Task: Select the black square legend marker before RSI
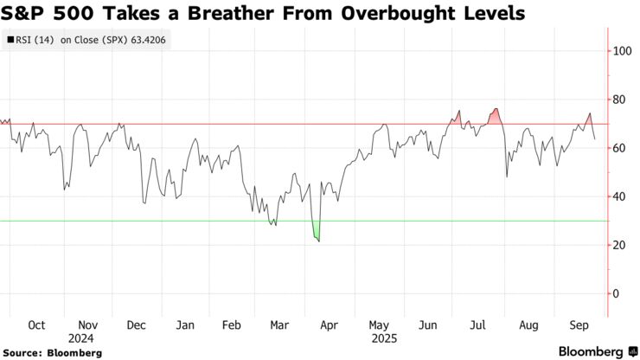pyautogui.click(x=10, y=40)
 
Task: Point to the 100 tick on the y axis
pyautogui.click(x=622, y=51)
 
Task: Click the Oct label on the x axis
pyautogui.click(x=37, y=325)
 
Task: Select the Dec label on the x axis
pyautogui.click(x=136, y=325)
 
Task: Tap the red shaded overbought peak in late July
pyautogui.click(x=495, y=115)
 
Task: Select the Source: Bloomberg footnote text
pyautogui.click(x=53, y=353)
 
